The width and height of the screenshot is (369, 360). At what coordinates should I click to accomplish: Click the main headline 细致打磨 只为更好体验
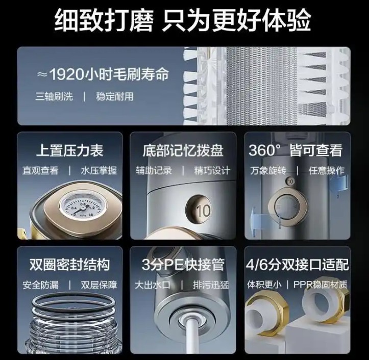pos(183,19)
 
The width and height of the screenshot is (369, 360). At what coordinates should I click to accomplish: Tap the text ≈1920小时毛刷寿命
pos(103,74)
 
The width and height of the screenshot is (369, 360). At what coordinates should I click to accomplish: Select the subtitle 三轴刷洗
pos(54,96)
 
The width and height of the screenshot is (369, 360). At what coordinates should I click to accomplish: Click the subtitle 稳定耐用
pos(115,96)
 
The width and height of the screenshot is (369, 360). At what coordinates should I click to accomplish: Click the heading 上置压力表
pos(70,150)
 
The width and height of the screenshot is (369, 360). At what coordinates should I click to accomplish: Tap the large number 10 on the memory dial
pos(204,211)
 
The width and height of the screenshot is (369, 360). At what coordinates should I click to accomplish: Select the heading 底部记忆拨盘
pos(183,150)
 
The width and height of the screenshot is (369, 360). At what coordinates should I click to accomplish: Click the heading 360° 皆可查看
pos(296,150)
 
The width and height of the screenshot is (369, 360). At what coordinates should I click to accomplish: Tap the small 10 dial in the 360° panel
pos(290,182)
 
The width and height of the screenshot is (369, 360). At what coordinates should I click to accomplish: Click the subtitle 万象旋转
pos(268,171)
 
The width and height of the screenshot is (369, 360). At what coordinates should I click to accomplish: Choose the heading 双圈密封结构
pos(70,265)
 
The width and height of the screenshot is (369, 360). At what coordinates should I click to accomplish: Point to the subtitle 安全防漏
pos(40,285)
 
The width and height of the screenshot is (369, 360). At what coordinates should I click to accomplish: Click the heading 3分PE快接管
pos(183,265)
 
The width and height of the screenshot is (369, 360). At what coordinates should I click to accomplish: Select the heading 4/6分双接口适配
pos(297,265)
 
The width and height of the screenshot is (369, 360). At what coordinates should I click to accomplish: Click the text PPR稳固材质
pos(321,285)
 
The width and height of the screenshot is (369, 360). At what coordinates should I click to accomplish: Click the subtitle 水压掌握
pos(99,171)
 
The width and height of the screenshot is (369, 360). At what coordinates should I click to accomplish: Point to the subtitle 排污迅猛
pos(211,285)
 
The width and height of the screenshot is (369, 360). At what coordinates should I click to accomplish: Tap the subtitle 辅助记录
pos(154,171)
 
